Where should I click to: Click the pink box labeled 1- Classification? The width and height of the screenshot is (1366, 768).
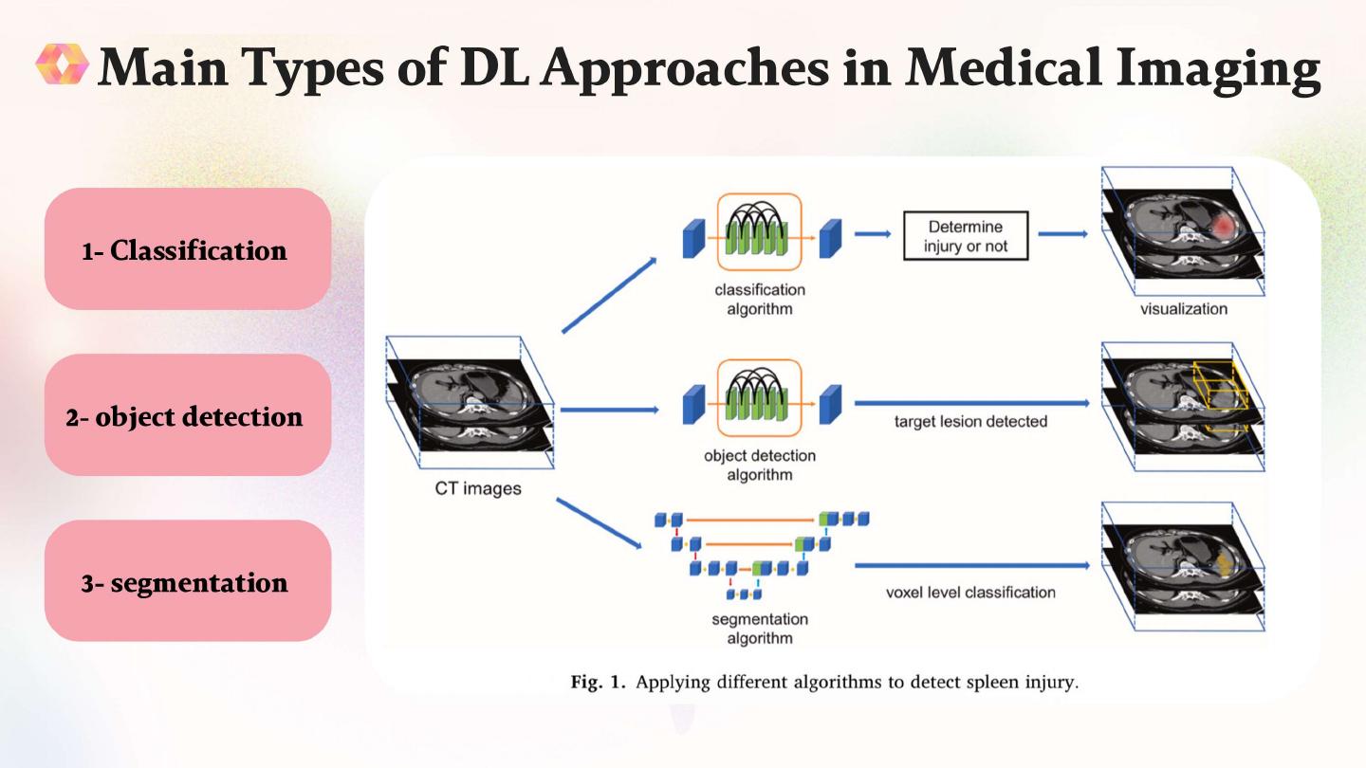(187, 249)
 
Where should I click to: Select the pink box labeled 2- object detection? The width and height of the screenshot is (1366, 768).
(187, 415)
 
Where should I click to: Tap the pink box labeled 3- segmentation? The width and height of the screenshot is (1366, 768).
(187, 581)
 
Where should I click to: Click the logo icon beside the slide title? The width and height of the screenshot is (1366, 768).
(63, 64)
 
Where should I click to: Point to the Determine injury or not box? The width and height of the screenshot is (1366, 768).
(965, 236)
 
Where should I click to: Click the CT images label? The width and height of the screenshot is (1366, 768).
(478, 489)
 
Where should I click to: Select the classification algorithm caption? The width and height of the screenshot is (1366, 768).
(760, 299)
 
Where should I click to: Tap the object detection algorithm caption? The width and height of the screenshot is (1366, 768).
(760, 465)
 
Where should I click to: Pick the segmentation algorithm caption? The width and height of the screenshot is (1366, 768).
(760, 629)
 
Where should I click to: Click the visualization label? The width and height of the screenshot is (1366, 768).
(1184, 308)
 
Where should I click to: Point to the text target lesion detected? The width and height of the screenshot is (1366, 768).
(970, 421)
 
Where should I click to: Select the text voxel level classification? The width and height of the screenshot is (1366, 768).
(970, 593)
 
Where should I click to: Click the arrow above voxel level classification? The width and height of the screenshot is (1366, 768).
(970, 565)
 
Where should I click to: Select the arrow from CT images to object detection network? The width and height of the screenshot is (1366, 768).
(609, 410)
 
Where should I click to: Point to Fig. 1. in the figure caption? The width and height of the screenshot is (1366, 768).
(598, 683)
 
